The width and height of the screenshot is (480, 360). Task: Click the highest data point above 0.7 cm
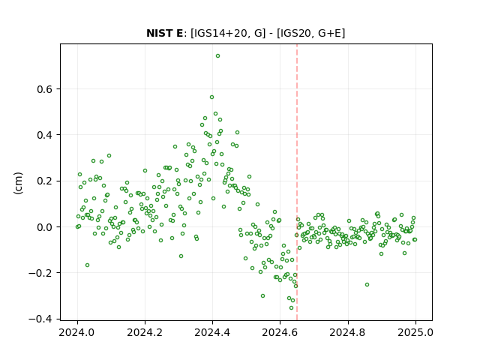pyautogui.click(x=217, y=55)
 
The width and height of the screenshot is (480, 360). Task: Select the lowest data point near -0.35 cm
pyautogui.click(x=291, y=307)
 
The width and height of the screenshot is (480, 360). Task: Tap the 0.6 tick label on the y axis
pyautogui.click(x=45, y=89)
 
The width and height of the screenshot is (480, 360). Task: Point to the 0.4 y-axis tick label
pyautogui.click(x=45, y=135)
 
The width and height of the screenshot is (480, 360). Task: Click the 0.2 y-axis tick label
pyautogui.click(x=45, y=181)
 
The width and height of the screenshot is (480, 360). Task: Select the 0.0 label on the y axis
pyautogui.click(x=45, y=227)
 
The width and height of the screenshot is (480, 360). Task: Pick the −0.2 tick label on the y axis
pyautogui.click(x=40, y=273)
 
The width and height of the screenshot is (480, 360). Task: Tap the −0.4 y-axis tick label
pyautogui.click(x=40, y=319)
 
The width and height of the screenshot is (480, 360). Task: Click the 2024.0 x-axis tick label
pyautogui.click(x=77, y=332)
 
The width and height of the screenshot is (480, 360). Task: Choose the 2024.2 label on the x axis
pyautogui.click(x=145, y=332)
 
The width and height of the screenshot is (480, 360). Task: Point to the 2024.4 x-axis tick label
pyautogui.click(x=212, y=332)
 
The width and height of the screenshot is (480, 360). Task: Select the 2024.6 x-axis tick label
pyautogui.click(x=280, y=332)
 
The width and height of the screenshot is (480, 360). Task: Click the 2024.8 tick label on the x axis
pyautogui.click(x=347, y=332)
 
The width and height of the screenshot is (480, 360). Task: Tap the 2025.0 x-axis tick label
pyautogui.click(x=415, y=332)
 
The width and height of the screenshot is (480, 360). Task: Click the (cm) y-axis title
pyautogui.click(x=18, y=183)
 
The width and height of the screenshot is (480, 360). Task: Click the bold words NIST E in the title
pyautogui.click(x=164, y=33)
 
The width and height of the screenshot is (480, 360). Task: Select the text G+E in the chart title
pyautogui.click(x=330, y=33)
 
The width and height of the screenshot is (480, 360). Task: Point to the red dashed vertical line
pyautogui.click(x=297, y=182)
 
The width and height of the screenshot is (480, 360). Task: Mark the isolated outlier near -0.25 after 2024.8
pyautogui.click(x=367, y=284)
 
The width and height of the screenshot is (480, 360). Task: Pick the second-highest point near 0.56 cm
pyautogui.click(x=211, y=97)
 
